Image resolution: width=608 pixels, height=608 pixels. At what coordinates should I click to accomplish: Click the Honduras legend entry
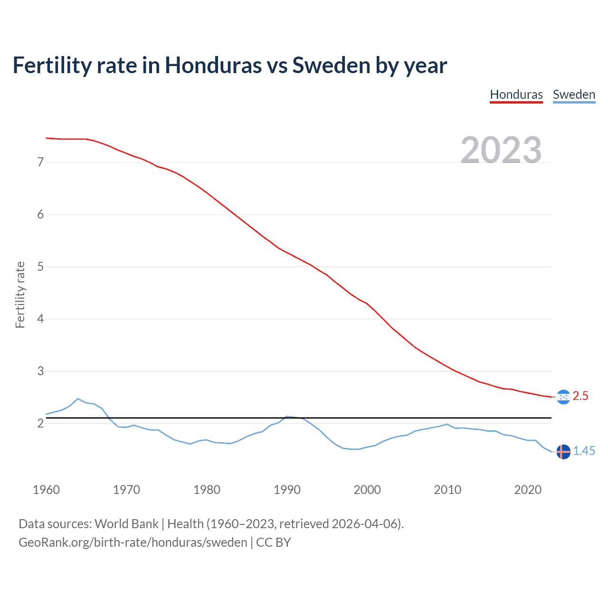click(516, 95)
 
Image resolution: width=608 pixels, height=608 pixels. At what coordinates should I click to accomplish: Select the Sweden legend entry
click(574, 95)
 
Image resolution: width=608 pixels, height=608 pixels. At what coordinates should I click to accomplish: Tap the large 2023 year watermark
click(501, 150)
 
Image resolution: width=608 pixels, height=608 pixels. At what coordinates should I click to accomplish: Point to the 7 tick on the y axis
click(40, 162)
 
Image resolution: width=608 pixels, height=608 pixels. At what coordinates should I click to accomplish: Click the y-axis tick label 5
click(40, 266)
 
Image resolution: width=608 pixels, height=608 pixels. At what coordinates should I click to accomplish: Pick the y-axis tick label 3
click(40, 371)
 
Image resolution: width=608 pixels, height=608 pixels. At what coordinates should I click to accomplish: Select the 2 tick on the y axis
click(40, 423)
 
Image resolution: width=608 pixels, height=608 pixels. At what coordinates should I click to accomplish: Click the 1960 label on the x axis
click(46, 490)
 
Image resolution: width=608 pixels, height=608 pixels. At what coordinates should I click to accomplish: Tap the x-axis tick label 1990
click(287, 490)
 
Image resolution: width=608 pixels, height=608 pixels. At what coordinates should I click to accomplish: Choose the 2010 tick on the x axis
click(447, 490)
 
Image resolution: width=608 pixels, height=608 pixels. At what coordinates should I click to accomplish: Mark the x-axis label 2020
click(528, 490)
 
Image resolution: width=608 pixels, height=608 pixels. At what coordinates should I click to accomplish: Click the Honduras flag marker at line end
click(563, 397)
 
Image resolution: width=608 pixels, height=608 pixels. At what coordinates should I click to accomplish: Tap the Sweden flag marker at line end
click(563, 452)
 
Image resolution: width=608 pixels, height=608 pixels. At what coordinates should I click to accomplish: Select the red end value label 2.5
click(580, 396)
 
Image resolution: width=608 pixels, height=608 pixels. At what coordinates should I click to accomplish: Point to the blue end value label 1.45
click(584, 451)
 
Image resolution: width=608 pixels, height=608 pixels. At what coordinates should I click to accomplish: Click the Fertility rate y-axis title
click(20, 294)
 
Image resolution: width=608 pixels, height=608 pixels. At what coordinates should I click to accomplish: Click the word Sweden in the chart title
click(331, 66)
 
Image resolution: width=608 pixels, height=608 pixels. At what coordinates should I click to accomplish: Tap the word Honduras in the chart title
click(213, 66)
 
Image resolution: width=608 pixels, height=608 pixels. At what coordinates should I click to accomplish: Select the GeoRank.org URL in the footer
click(133, 542)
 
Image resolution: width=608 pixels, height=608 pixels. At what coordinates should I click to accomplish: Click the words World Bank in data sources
click(126, 524)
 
